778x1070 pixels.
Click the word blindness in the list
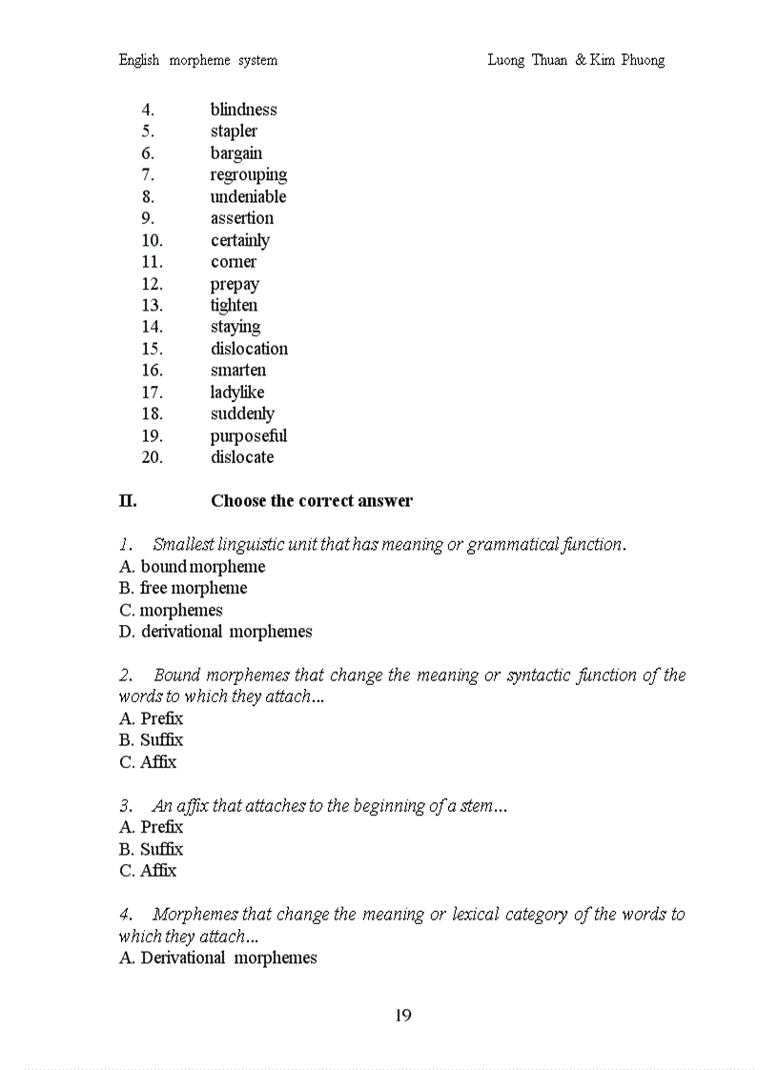pyautogui.click(x=243, y=110)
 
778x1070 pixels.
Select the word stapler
pyautogui.click(x=234, y=131)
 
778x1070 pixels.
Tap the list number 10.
pyautogui.click(x=152, y=240)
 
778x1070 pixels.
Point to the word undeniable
pyautogui.click(x=248, y=197)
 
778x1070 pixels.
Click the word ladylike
pyautogui.click(x=237, y=393)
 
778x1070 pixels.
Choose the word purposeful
pyautogui.click(x=248, y=436)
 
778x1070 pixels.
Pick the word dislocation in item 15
pyautogui.click(x=249, y=349)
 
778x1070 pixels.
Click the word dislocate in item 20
pyautogui.click(x=242, y=457)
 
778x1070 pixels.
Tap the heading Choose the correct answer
pyautogui.click(x=312, y=501)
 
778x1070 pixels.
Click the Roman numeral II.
pyautogui.click(x=128, y=501)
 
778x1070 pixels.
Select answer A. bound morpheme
pyautogui.click(x=192, y=567)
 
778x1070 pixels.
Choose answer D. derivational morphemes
pyautogui.click(x=215, y=632)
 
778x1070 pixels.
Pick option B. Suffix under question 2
pyautogui.click(x=151, y=740)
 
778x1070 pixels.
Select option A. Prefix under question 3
pyautogui.click(x=151, y=827)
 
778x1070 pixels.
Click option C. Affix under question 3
pyautogui.click(x=148, y=871)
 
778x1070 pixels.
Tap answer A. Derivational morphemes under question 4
pyautogui.click(x=217, y=958)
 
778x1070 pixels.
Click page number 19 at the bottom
pyautogui.click(x=402, y=1016)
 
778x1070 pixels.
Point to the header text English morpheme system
pyautogui.click(x=198, y=60)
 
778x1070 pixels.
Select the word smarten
pyautogui.click(x=238, y=371)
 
